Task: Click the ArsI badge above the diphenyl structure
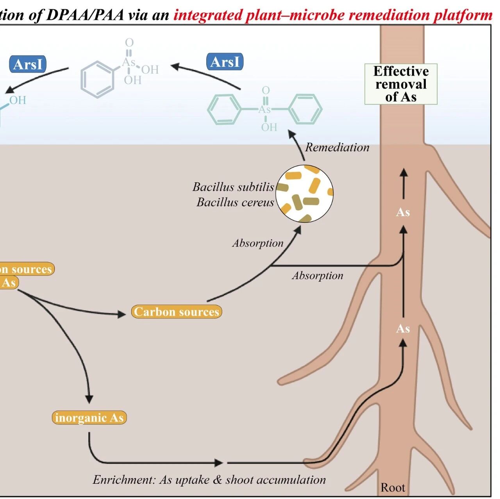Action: (x=225, y=62)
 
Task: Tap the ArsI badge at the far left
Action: (x=27, y=64)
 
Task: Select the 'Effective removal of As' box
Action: (x=401, y=84)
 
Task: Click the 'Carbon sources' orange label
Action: (x=177, y=312)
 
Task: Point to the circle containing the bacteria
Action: (x=304, y=194)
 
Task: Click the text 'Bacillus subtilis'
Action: (x=233, y=186)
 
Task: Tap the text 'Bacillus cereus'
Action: (x=235, y=202)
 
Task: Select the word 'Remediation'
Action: (x=337, y=147)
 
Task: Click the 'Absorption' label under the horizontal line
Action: (x=318, y=275)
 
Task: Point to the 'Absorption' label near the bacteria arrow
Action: (x=258, y=243)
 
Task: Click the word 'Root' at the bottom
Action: (x=393, y=488)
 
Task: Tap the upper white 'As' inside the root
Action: (x=403, y=213)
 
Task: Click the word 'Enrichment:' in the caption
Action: (x=124, y=472)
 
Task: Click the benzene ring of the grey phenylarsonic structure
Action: (x=98, y=80)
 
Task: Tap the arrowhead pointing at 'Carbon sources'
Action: (x=122, y=314)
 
